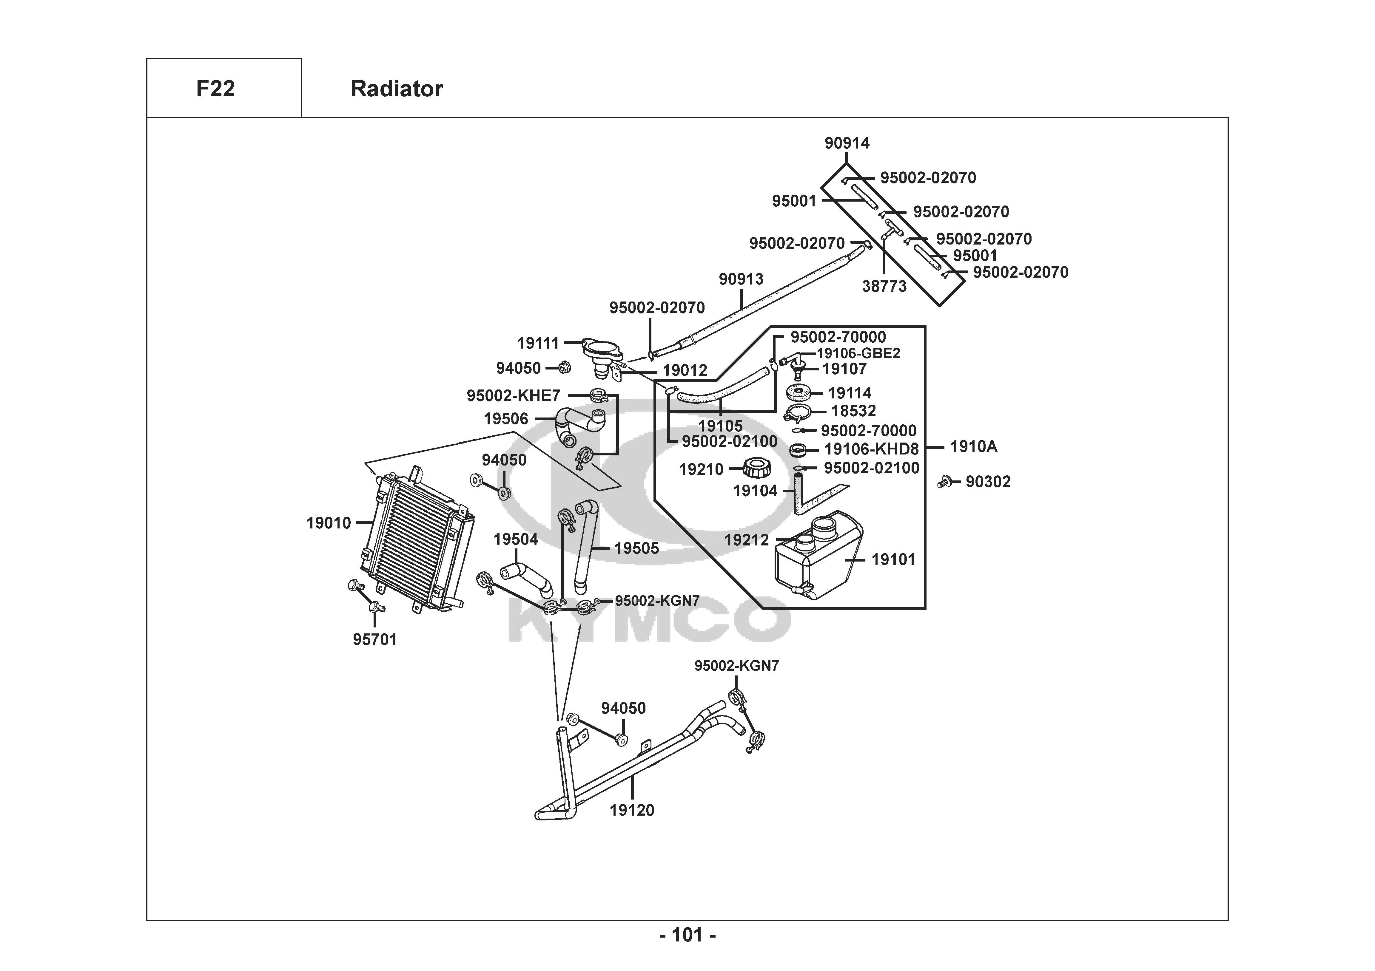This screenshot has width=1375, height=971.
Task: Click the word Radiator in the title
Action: pyautogui.click(x=397, y=89)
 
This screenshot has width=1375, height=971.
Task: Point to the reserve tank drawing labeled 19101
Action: pyautogui.click(x=818, y=557)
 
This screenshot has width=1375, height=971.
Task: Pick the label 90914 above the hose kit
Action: pyautogui.click(x=847, y=143)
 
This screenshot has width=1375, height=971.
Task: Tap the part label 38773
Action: pyautogui.click(x=884, y=287)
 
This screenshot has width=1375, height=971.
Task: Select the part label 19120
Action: pyautogui.click(x=632, y=811)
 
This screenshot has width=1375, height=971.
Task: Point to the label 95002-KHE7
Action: pyautogui.click(x=513, y=396)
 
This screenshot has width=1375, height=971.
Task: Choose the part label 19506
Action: pyautogui.click(x=506, y=419)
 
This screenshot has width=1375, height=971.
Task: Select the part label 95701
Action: pyautogui.click(x=375, y=640)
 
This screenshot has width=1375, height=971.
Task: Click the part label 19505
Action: pyautogui.click(x=636, y=548)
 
